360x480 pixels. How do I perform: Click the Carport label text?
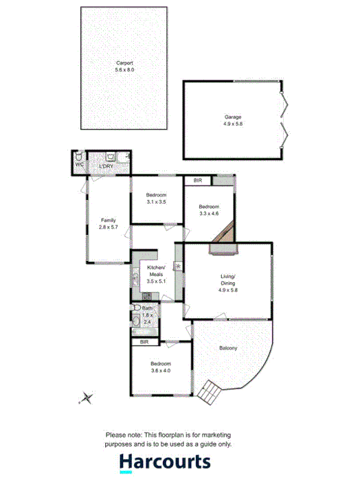tap(125, 62)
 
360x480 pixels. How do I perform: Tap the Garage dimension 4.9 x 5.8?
tap(233, 124)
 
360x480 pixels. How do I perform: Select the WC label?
tap(79, 165)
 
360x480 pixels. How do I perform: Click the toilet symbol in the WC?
tap(80, 156)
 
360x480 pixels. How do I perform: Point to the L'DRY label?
tap(106, 166)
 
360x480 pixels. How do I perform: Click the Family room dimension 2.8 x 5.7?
tap(108, 227)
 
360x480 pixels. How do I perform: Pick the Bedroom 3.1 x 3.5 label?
tap(156, 196)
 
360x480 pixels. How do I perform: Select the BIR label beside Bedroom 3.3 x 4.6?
tap(198, 181)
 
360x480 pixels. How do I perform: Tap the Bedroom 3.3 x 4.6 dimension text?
tap(210, 214)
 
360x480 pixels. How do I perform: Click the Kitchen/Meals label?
tap(157, 271)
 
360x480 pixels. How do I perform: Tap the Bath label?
tap(147, 308)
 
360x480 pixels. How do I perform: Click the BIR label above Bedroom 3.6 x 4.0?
tap(144, 341)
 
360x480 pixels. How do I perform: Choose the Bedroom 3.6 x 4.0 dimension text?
tap(161, 371)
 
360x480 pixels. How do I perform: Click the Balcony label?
tap(228, 348)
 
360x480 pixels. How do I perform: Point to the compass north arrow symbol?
tap(87, 397)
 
